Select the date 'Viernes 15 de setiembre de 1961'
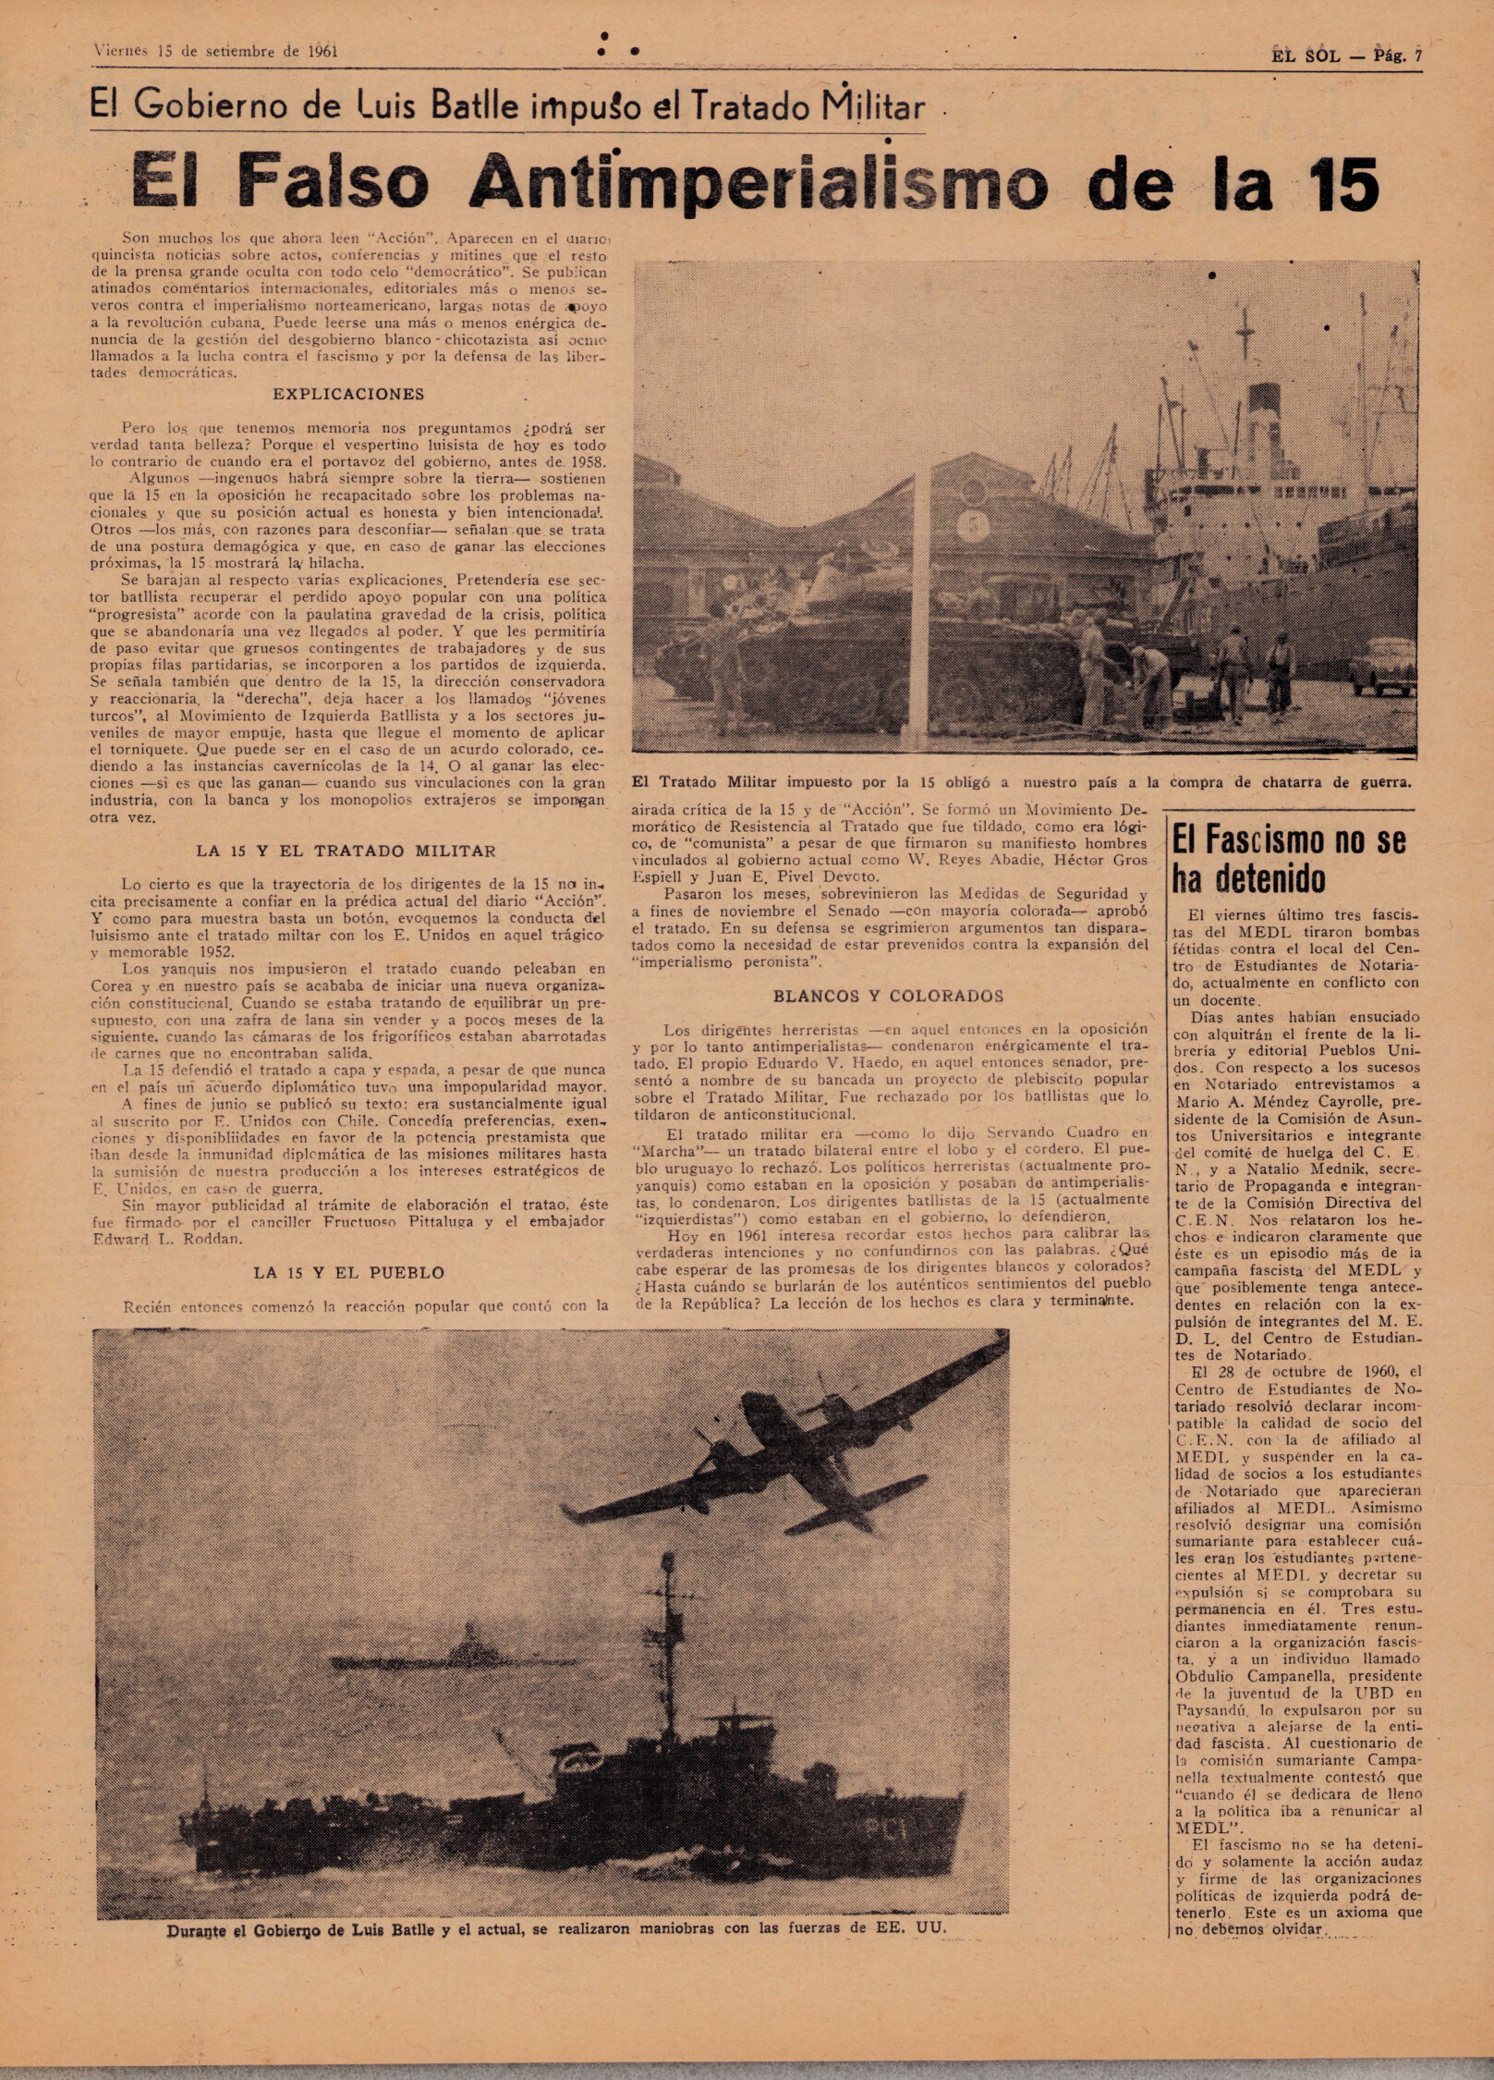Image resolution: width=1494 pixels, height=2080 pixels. (216, 52)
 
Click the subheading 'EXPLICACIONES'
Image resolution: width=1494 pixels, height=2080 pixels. (348, 394)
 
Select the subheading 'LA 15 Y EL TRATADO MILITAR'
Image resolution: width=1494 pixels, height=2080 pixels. (346, 851)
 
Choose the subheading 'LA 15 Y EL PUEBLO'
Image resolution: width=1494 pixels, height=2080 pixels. (348, 1273)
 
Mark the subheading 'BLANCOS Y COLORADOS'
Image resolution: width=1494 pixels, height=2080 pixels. (888, 997)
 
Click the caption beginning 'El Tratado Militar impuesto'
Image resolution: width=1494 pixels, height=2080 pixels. (1022, 782)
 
